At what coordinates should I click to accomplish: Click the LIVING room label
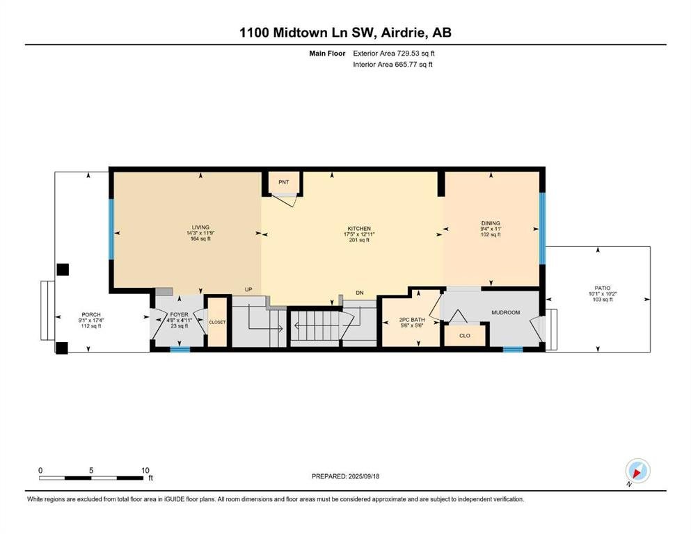[x=200, y=227]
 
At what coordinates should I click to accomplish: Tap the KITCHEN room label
[x=359, y=229]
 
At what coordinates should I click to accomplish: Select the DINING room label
[x=491, y=223]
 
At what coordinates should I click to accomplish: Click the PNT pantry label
[x=284, y=181]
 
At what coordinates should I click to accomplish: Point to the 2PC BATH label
[x=412, y=320]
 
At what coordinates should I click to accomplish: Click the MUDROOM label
[x=506, y=313]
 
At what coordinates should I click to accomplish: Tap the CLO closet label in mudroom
[x=465, y=335]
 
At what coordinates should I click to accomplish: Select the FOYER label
[x=180, y=314]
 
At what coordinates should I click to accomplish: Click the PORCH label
[x=91, y=314]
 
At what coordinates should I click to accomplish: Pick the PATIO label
[x=603, y=288]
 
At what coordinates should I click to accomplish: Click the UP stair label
[x=248, y=290]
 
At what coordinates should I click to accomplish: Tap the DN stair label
[x=360, y=293]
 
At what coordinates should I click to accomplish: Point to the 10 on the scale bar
[x=145, y=470]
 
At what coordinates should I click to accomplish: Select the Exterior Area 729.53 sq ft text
[x=394, y=54]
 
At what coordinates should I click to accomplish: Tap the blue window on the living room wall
[x=111, y=229]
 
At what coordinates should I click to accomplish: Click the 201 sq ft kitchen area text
[x=359, y=240]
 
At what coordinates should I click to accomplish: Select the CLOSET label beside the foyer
[x=217, y=322]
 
